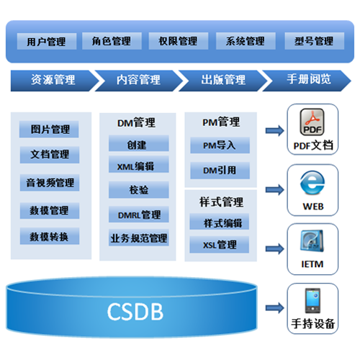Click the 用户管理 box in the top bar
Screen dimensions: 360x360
point(47,42)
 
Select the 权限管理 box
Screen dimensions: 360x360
point(179,41)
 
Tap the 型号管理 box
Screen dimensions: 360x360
point(315,41)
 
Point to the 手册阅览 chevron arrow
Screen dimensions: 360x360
point(307,81)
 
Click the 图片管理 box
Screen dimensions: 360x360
point(49,130)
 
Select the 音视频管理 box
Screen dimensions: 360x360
point(50,183)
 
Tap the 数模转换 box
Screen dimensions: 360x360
point(50,236)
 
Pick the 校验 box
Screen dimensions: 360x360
point(139,190)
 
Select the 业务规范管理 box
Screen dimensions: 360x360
point(139,238)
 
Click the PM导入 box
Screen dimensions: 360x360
point(220,145)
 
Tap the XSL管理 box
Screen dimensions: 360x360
point(220,245)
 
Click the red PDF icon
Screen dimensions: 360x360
point(312,122)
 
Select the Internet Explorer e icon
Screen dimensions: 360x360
point(312,183)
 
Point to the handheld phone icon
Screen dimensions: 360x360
point(312,300)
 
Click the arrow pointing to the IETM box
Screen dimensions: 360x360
point(275,248)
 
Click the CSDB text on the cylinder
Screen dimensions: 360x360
point(135,312)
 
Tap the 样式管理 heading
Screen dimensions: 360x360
point(221,202)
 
